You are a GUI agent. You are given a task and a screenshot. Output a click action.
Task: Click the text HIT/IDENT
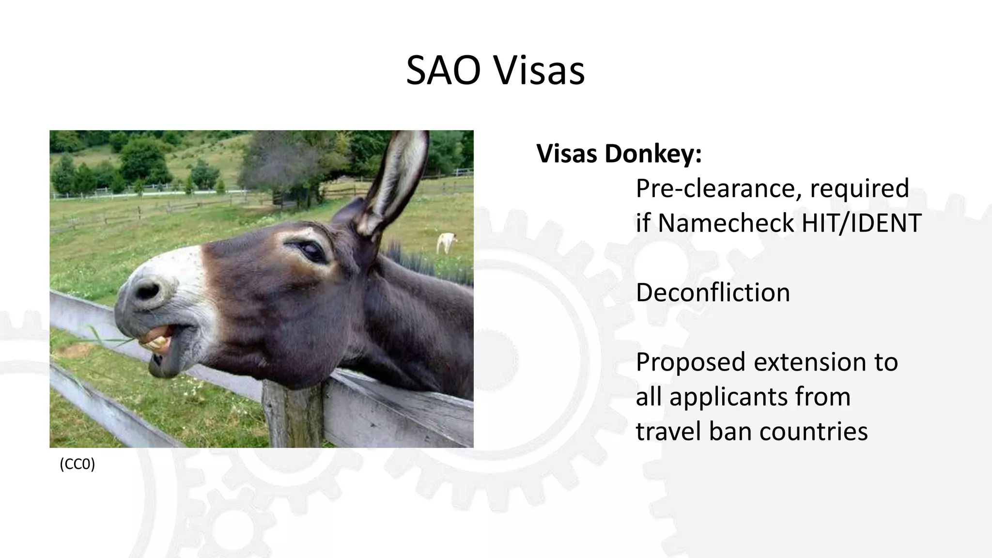coord(861,223)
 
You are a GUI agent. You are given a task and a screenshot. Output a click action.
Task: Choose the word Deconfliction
coord(713,293)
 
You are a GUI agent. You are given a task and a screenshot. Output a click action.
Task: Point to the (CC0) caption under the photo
coord(77,464)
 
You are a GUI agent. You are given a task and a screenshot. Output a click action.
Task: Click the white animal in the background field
coord(446,242)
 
